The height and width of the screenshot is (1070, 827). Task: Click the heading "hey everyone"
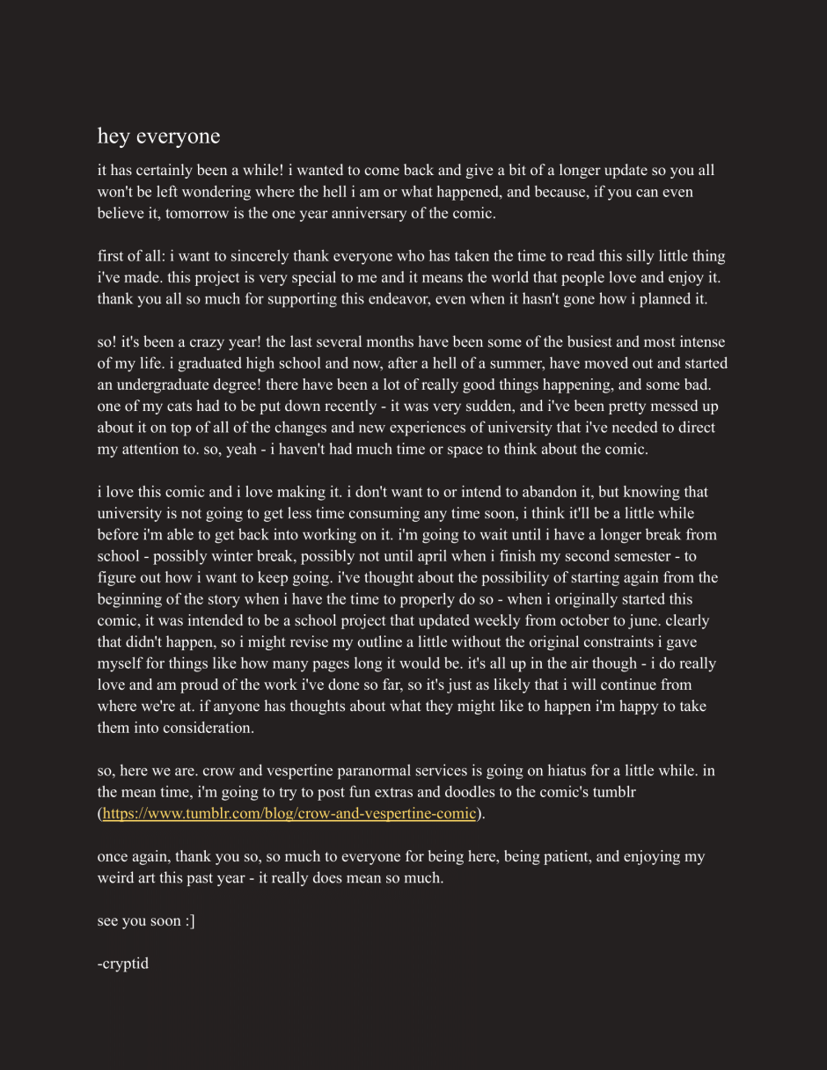click(x=158, y=136)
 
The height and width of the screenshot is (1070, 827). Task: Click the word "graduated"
click(x=177, y=363)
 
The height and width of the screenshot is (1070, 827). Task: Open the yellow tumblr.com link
click(x=289, y=813)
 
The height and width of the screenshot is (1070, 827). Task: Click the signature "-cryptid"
click(x=123, y=964)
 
